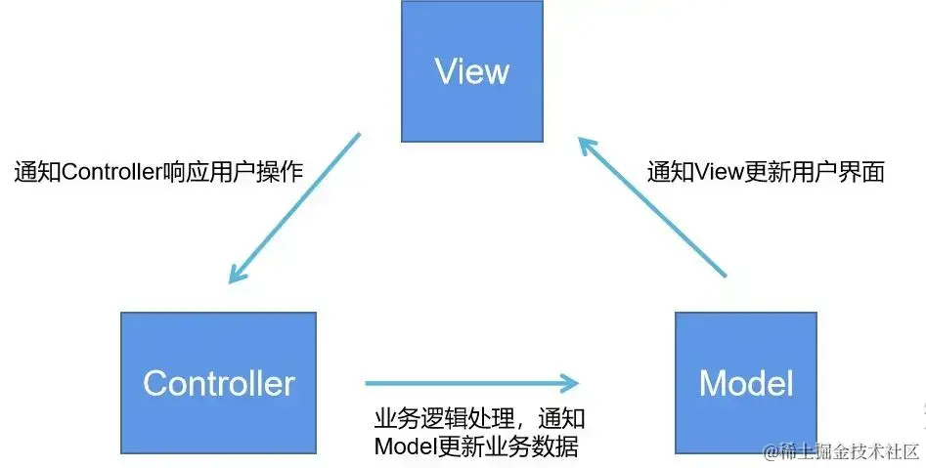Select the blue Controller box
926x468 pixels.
click(x=218, y=382)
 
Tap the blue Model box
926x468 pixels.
click(x=745, y=382)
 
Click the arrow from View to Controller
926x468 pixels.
click(x=295, y=207)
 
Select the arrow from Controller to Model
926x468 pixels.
click(x=469, y=383)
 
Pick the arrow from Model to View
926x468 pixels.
click(x=653, y=208)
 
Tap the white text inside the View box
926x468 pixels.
click(x=472, y=70)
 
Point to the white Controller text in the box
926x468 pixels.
click(x=218, y=383)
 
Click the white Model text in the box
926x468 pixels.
click(x=745, y=383)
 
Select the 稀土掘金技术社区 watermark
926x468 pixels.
click(x=841, y=450)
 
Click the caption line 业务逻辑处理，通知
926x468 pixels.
click(x=479, y=419)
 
